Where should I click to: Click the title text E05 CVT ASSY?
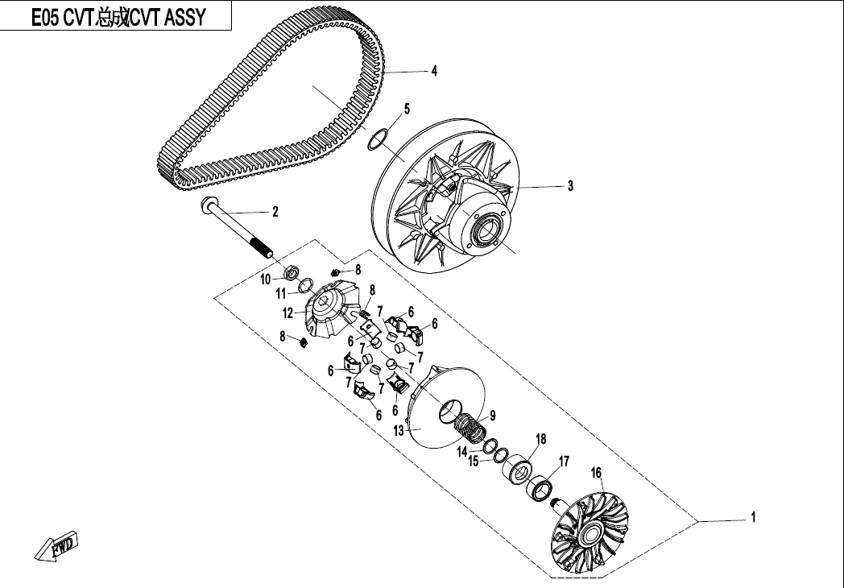point(118,17)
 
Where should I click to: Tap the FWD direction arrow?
point(58,547)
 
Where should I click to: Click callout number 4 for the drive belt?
point(434,71)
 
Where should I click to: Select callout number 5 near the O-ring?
point(407,108)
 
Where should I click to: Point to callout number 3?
point(570,186)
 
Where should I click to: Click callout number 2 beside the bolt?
point(275,213)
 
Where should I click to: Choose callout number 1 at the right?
point(753,518)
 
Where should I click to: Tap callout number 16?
point(597,472)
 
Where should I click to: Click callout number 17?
point(564,462)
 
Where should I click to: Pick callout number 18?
point(541,439)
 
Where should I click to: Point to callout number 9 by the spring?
point(492,416)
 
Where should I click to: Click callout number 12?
point(288,312)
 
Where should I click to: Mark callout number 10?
point(265,280)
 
